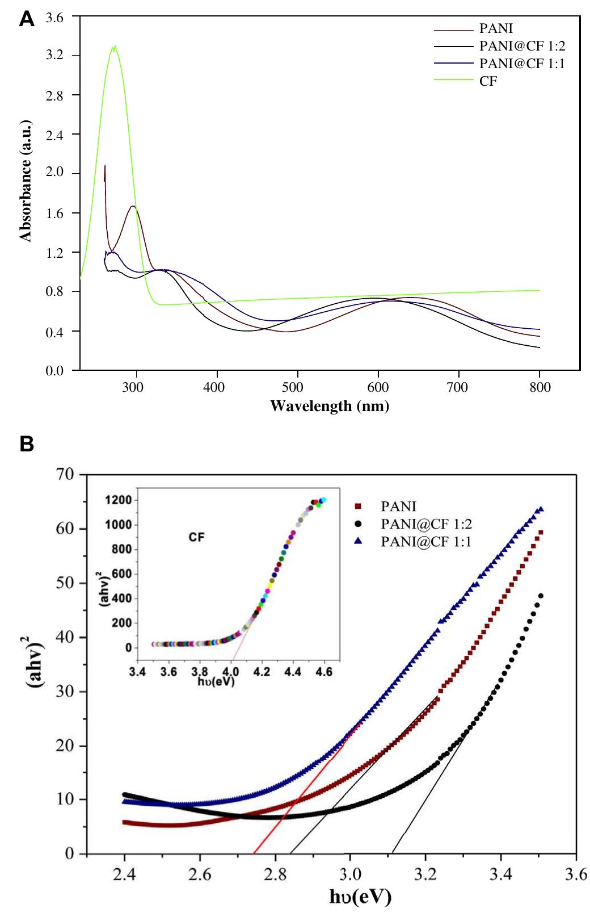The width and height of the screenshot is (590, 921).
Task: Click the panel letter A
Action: pyautogui.click(x=26, y=20)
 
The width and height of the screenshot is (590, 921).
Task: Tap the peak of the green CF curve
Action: pyautogui.click(x=115, y=47)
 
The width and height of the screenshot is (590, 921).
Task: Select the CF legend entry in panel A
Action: pyautogui.click(x=487, y=81)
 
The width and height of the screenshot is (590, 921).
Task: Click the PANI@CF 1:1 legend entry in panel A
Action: pyautogui.click(x=521, y=63)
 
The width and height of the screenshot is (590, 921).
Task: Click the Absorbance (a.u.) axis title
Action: pyautogui.click(x=26, y=193)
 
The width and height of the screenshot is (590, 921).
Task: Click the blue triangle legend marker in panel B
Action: pyautogui.click(x=358, y=542)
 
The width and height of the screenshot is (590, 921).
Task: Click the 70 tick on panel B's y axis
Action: pyautogui.click(x=66, y=475)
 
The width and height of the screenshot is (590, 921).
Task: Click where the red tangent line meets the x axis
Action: pyautogui.click(x=253, y=853)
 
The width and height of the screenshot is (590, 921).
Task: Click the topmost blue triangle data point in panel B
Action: pyautogui.click(x=541, y=509)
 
